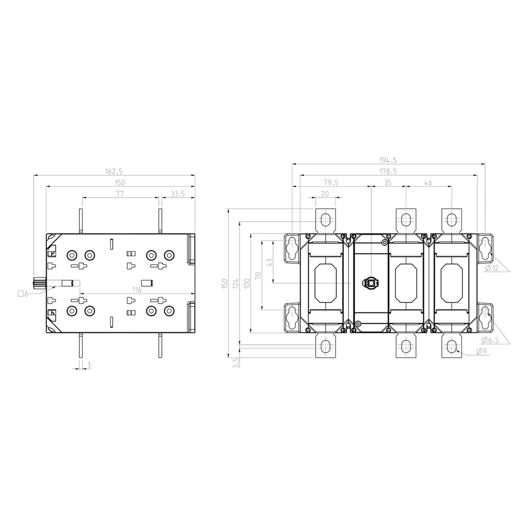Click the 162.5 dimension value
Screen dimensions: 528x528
[113, 171]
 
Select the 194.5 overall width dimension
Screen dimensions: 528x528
[388, 160]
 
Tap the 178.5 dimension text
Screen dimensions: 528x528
[388, 171]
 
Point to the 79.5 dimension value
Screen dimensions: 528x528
[331, 183]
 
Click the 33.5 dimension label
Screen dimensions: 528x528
[178, 194]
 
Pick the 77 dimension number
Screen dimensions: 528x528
[120, 194]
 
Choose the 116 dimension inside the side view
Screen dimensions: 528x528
[137, 290]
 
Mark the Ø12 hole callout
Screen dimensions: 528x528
[491, 268]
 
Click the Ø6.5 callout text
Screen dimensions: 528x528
[490, 340]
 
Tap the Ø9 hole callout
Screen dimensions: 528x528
[482, 351]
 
